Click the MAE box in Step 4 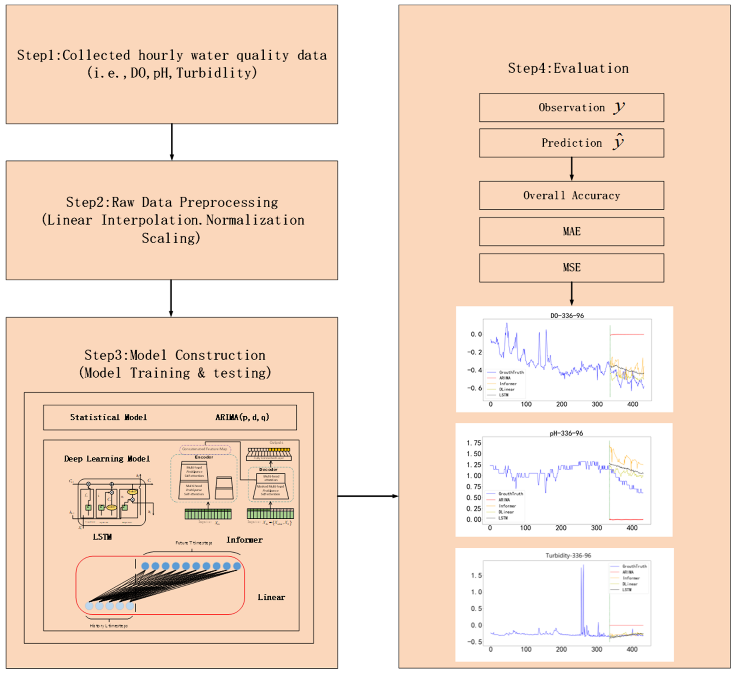click(x=571, y=232)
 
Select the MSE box click(x=571, y=268)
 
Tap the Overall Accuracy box click(x=571, y=196)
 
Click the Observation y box click(x=571, y=107)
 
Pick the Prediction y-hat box click(x=571, y=143)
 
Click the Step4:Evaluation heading click(x=568, y=68)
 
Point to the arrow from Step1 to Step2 click(x=172, y=142)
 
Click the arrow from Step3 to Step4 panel click(x=368, y=496)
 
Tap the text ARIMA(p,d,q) click(x=242, y=417)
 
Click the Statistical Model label click(x=109, y=417)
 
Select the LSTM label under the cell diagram click(x=102, y=537)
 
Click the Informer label click(x=244, y=540)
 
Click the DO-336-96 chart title click(x=567, y=316)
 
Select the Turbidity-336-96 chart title click(x=568, y=555)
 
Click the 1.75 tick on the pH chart click(x=474, y=443)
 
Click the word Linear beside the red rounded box click(x=271, y=597)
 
